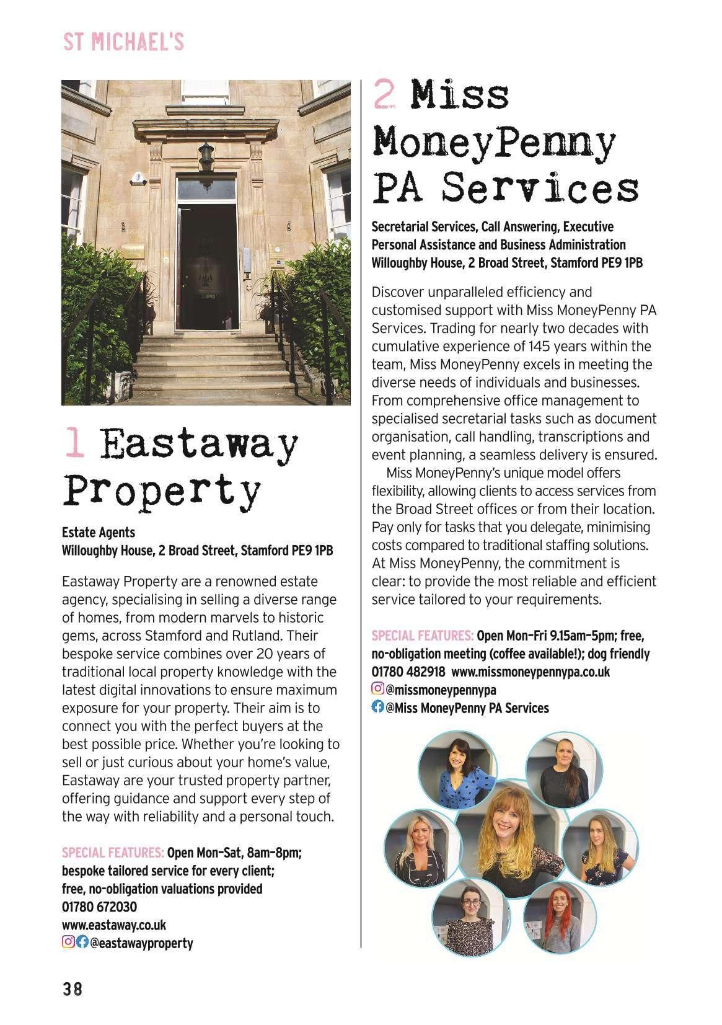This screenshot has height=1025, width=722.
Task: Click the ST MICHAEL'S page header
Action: [123, 42]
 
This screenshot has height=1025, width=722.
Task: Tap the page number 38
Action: [72, 988]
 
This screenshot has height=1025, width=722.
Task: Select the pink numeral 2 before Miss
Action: [384, 95]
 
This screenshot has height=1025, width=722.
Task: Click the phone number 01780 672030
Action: [99, 907]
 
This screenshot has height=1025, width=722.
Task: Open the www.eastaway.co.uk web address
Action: [114, 925]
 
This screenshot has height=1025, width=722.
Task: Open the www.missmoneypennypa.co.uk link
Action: [530, 672]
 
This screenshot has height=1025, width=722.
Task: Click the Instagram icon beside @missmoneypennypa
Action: [377, 689]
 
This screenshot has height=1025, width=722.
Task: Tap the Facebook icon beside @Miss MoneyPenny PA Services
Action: [377, 707]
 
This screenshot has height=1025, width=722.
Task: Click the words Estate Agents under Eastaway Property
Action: [98, 532]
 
